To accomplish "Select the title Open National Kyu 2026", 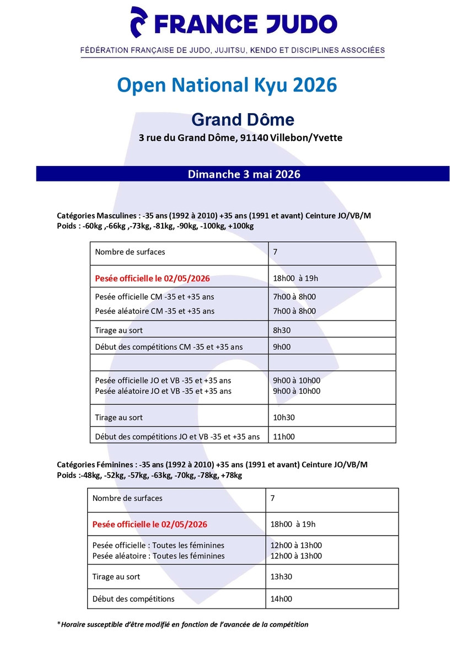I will (227, 86).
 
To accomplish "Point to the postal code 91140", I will (254, 137).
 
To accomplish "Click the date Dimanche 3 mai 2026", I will (244, 174).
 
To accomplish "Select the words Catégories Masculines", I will (96, 216).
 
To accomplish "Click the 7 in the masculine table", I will (275, 252).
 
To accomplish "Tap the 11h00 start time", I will (284, 436).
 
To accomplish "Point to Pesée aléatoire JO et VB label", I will (163, 391).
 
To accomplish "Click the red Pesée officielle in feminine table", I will (150, 524).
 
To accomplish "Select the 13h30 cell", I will (282, 576).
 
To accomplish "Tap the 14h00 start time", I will (282, 599).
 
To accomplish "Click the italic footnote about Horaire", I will (185, 624).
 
